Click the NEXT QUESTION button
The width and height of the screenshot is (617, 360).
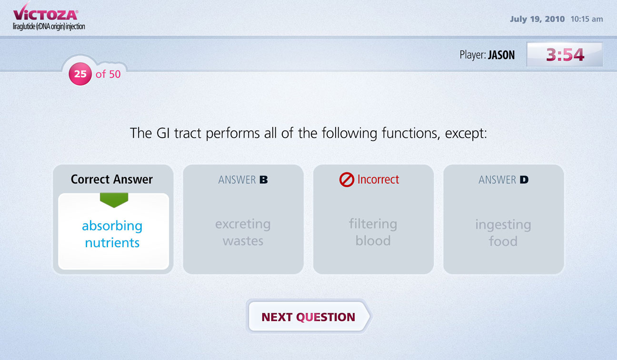click(x=309, y=317)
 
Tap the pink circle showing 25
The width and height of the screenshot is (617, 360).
click(x=80, y=74)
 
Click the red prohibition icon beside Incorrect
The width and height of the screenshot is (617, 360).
click(x=347, y=180)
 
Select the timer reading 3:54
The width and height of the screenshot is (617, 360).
click(x=565, y=54)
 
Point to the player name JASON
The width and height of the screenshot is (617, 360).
click(x=501, y=55)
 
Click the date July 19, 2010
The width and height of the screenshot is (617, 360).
click(x=537, y=19)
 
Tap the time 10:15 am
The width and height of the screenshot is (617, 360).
click(x=587, y=19)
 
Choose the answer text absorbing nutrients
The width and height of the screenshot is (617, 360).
click(x=112, y=234)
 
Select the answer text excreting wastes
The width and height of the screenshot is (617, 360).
click(x=243, y=232)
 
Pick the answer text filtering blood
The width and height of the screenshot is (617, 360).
click(x=373, y=232)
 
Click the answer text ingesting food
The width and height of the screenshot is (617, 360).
click(x=503, y=233)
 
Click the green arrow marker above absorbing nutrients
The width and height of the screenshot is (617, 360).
click(x=114, y=200)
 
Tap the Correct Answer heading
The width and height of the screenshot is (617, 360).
click(x=112, y=180)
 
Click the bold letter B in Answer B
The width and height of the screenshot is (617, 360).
click(x=264, y=180)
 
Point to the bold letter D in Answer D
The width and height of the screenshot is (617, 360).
click(x=524, y=180)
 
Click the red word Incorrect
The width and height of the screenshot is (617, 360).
click(x=378, y=180)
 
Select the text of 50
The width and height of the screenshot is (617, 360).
click(x=108, y=74)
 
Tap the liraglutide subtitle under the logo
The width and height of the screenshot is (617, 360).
click(x=49, y=27)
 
